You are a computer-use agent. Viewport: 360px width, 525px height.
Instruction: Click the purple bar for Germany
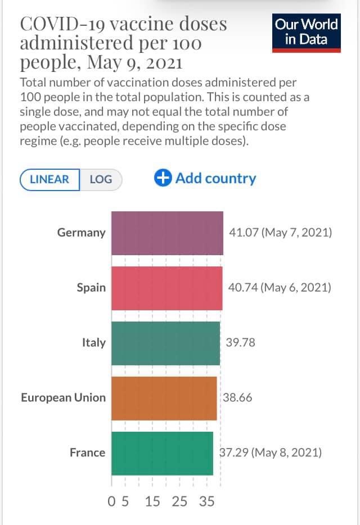coord(167,233)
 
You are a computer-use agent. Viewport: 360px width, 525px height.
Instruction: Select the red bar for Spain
coord(166,288)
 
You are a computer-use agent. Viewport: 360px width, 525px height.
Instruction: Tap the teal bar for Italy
coord(165,342)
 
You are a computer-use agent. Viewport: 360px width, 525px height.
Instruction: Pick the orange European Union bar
coord(164,397)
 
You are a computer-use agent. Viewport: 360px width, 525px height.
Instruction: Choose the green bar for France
coord(162,452)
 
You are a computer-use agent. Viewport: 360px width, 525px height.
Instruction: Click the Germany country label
coord(81,233)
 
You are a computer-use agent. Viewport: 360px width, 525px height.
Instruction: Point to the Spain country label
coord(91,288)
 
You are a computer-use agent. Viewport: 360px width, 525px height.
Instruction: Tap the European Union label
coord(63,397)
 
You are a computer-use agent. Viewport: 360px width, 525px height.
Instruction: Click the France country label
coord(87,452)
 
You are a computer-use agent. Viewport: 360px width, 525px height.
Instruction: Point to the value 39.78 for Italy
coord(240,342)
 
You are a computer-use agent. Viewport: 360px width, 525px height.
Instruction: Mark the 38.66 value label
coord(238,397)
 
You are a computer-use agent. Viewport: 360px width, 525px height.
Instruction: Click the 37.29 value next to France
coord(233,452)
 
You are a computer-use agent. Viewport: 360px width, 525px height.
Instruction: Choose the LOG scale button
coord(101,180)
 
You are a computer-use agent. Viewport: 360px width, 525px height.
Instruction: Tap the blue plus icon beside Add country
coord(163,178)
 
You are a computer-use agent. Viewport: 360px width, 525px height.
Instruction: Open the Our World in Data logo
coord(306,33)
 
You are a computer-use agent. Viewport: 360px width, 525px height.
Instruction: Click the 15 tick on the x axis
coord(152,501)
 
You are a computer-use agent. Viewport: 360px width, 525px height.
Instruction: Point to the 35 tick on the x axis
coord(206,501)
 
